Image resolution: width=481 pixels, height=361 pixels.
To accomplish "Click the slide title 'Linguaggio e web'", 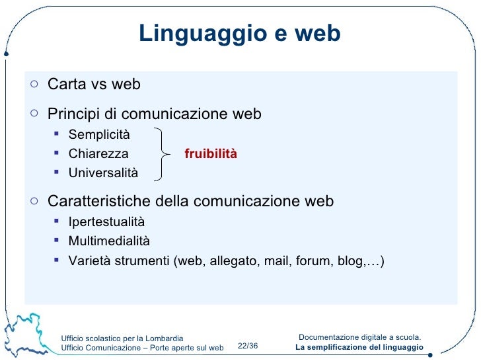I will pyautogui.click(x=239, y=33).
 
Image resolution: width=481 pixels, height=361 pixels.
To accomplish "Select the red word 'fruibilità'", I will pyautogui.click(x=210, y=154).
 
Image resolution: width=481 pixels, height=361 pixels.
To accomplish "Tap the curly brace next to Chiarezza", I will pyautogui.click(x=161, y=154).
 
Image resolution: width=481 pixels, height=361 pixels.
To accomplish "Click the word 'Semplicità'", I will pyautogui.click(x=99, y=136).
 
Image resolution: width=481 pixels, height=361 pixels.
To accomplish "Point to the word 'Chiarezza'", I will pyautogui.click(x=98, y=154).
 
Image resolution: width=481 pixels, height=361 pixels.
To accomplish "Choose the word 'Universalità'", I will pyautogui.click(x=103, y=173).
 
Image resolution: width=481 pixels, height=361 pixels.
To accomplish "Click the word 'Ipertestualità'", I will pyautogui.click(x=106, y=222).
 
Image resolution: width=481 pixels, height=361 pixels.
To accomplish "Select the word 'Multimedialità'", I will pyautogui.click(x=109, y=241).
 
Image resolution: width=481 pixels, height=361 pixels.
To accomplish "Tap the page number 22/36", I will pyautogui.click(x=248, y=346).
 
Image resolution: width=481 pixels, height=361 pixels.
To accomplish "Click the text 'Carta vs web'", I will pyautogui.click(x=94, y=85).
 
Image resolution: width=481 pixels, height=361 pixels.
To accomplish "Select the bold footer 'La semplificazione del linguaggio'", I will pyautogui.click(x=359, y=348).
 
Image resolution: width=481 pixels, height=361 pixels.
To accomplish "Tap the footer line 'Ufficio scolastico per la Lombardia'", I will pyautogui.click(x=122, y=339).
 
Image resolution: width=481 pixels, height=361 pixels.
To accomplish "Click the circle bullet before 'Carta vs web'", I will pyautogui.click(x=34, y=84).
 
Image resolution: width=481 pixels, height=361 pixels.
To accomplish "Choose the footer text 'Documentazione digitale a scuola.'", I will pyautogui.click(x=359, y=337).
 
